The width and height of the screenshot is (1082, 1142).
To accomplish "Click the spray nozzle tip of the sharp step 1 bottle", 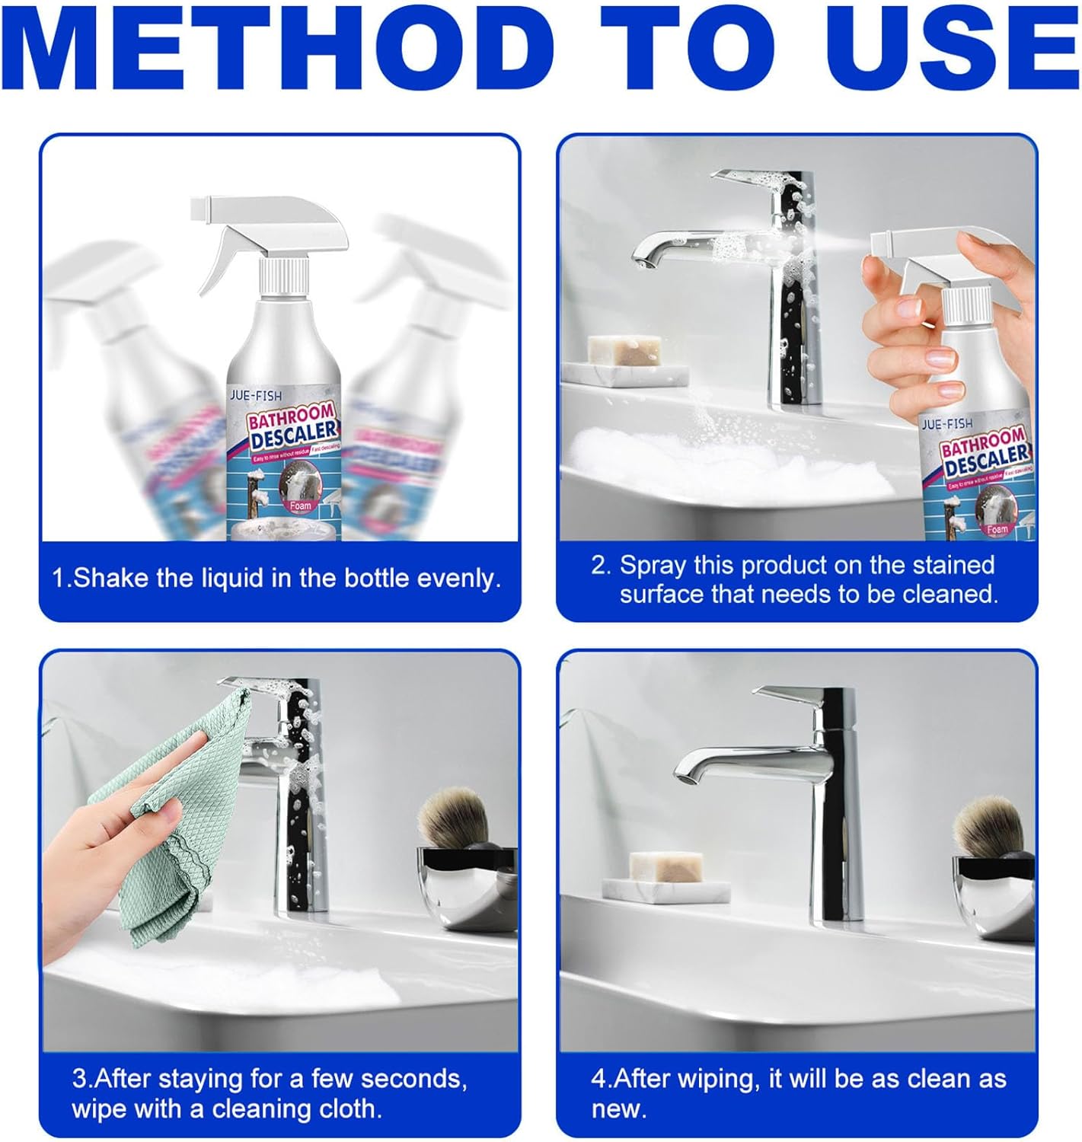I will pos(199,206).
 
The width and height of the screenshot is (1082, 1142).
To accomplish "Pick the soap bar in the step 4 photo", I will pos(665,866).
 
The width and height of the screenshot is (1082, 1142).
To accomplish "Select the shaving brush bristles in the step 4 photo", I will pos(991,822).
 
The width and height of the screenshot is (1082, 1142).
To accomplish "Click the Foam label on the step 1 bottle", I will pos(301,505).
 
